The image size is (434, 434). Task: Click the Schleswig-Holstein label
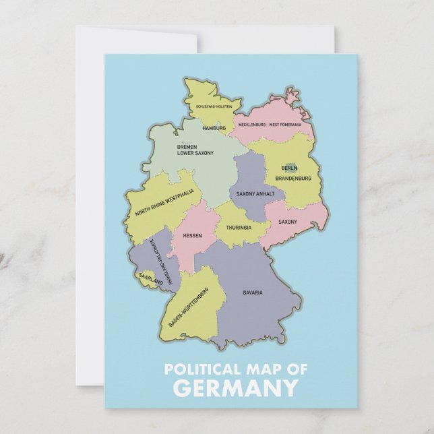(214, 106)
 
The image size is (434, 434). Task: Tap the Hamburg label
(214, 127)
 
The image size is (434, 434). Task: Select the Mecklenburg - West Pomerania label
(270, 125)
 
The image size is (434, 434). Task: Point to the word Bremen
(187, 146)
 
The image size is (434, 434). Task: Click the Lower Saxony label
(195, 153)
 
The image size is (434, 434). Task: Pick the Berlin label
(289, 168)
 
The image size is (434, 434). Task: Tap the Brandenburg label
(293, 179)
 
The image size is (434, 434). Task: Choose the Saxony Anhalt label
(255, 194)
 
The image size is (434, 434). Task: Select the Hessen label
(192, 236)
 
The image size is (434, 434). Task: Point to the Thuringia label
(239, 228)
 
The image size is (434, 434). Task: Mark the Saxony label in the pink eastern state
(288, 222)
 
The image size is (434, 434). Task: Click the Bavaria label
(253, 292)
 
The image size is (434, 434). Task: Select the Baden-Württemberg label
(189, 307)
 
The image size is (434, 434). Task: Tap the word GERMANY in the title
(235, 389)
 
